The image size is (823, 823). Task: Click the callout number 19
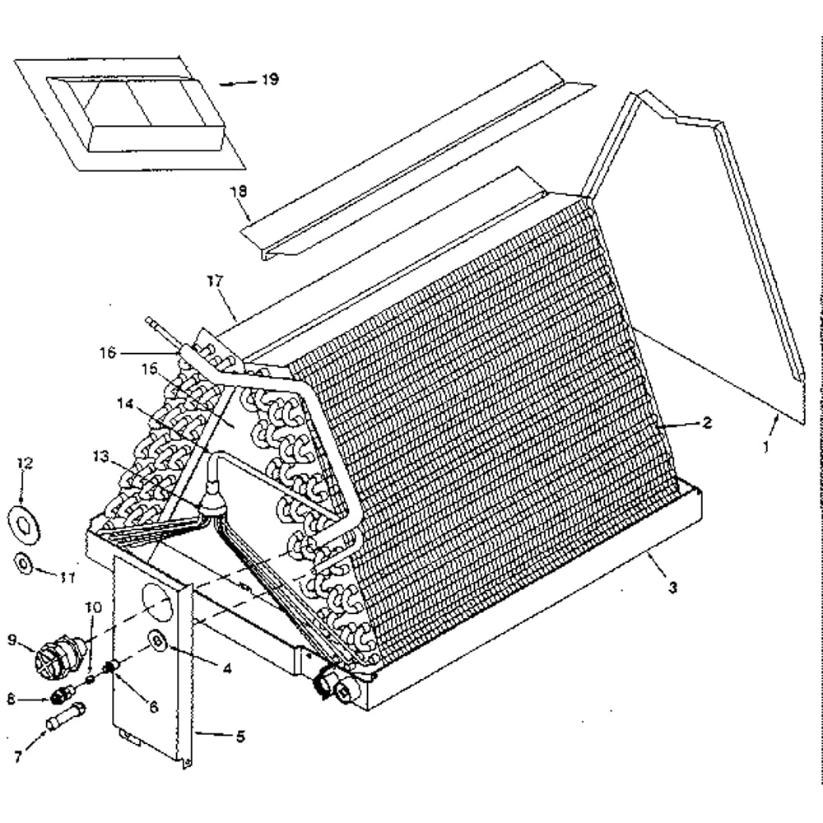pos(270,80)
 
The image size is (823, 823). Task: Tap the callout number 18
pos(239,191)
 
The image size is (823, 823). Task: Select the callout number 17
pos(215,281)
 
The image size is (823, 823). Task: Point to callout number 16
pos(108,352)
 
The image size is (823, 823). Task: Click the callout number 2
pos(707,422)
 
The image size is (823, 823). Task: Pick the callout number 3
pos(673,588)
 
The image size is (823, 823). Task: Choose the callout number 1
pos(765,447)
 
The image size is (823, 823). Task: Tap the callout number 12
pos(25,463)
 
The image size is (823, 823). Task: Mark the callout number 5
pos(240,737)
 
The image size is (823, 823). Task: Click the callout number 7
pos(18,757)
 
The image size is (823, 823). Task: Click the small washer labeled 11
pos(24,564)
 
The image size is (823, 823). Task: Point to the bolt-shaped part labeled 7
pos(67,716)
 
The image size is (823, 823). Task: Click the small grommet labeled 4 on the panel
pos(157,639)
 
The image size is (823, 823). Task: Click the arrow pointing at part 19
pos(238,83)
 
